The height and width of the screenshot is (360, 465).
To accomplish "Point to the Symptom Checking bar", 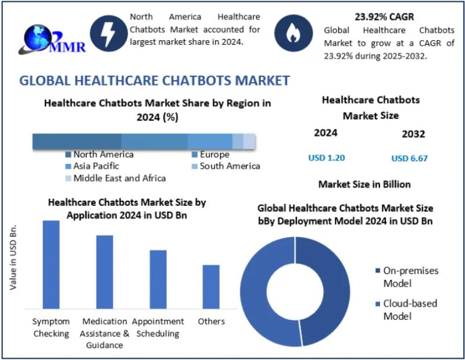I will click(51, 264).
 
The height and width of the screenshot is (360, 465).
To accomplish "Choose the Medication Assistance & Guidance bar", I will click(105, 272).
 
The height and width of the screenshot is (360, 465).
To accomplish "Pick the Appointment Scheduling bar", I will click(158, 279).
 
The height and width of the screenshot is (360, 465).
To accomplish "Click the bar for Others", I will click(211, 286).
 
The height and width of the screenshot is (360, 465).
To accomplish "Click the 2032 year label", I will click(413, 134).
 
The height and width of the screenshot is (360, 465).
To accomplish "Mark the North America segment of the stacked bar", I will click(77, 141).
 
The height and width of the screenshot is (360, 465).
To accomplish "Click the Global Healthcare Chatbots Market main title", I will click(155, 80).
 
